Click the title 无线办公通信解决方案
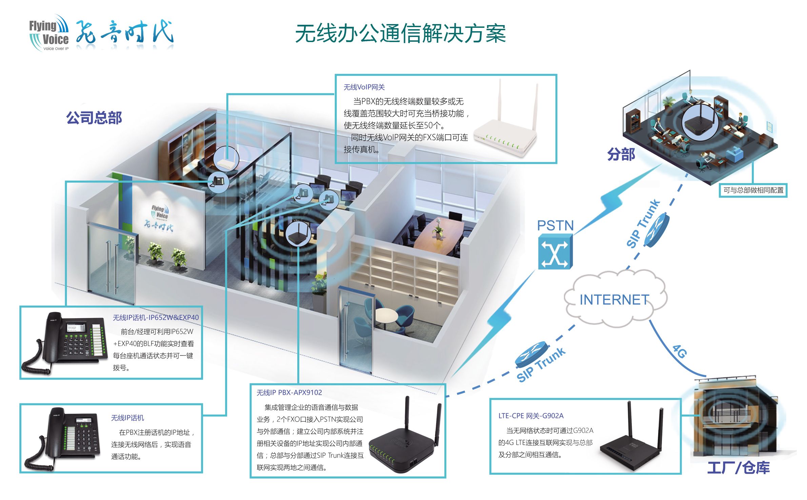coord(400,34)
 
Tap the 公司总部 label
coord(94,118)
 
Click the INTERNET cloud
coord(614,299)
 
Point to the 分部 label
coord(621,154)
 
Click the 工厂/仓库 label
coord(738,468)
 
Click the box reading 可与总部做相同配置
coord(753,190)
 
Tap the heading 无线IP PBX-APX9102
coord(289,392)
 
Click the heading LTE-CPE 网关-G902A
coord(531,416)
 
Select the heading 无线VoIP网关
coord(364,87)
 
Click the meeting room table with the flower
coord(437,234)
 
